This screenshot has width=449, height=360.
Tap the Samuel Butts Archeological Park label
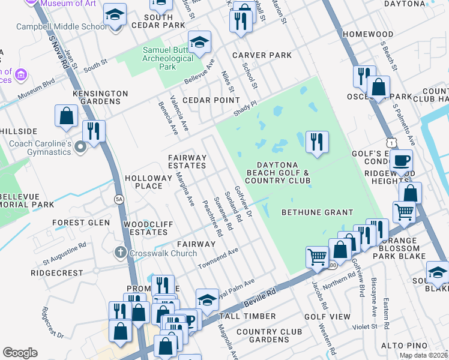[x=168, y=58]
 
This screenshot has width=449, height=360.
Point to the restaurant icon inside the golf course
[x=316, y=143]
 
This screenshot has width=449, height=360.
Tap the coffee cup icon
[x=402, y=161]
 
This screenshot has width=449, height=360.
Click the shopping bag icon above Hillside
[x=66, y=116]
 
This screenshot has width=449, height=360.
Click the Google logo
[x=20, y=353]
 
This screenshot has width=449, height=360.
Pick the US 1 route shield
[x=391, y=142]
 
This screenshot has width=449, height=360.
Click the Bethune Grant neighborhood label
[x=317, y=212]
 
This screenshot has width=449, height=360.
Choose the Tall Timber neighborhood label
[x=248, y=316]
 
